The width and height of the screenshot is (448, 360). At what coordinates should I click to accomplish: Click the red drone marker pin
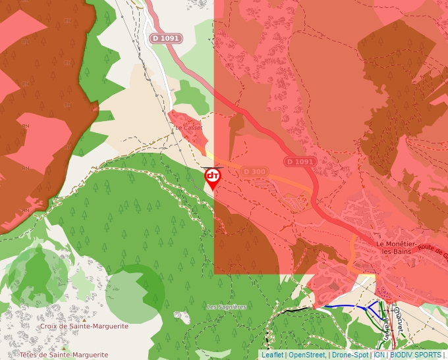click(213, 177)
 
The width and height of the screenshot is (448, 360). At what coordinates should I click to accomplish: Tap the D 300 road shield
click(255, 172)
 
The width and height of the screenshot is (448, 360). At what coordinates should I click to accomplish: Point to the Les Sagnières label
click(226, 307)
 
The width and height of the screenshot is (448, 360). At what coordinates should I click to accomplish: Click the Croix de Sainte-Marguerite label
click(74, 326)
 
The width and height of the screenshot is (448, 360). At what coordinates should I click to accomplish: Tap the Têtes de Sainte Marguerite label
click(63, 355)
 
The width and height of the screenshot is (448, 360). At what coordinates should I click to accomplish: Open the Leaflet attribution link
click(272, 355)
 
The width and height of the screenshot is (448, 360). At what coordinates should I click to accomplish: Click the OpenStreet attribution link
click(306, 355)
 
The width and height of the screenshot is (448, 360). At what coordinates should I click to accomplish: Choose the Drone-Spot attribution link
click(350, 355)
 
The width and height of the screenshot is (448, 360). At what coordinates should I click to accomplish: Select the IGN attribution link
click(379, 355)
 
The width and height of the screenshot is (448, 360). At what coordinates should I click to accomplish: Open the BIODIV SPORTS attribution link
click(415, 355)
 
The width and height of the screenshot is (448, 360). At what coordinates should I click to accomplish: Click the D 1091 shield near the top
click(164, 38)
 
